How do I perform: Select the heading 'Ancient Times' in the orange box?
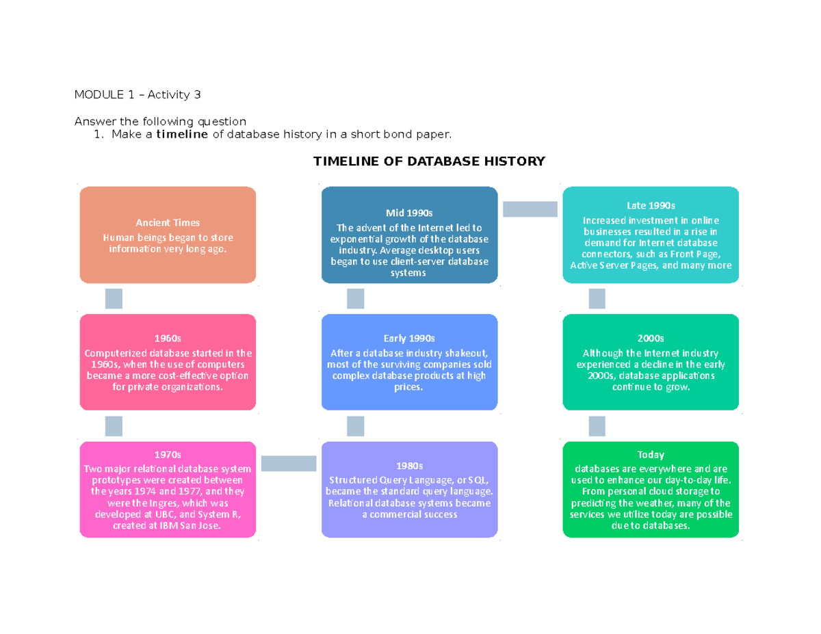click(168, 222)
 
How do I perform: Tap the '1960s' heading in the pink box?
click(168, 339)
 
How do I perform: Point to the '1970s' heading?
click(168, 454)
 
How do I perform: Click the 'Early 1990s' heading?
click(410, 339)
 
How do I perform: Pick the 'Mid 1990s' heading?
click(410, 213)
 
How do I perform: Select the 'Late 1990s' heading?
click(651, 205)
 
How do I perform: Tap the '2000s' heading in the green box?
click(651, 339)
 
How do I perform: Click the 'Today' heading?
click(651, 454)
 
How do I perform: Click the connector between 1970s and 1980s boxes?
click(289, 464)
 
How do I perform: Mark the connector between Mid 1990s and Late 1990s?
click(530, 209)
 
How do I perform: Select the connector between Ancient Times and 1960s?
click(114, 299)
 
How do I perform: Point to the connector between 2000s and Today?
click(597, 426)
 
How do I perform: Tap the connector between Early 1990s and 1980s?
click(356, 426)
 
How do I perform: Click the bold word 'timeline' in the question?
click(181, 134)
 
